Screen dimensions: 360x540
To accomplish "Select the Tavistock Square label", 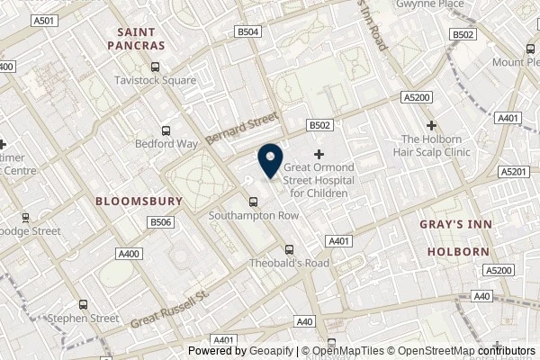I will coord(156,81).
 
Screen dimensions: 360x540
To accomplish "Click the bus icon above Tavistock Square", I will coord(156,66).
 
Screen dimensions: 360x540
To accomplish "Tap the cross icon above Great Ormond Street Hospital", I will coord(319,155).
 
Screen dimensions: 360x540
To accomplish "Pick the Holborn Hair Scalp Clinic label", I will coord(436,145).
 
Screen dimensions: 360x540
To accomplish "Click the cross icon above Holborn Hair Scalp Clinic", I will coord(432,125).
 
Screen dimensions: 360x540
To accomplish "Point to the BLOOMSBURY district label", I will coord(139,201).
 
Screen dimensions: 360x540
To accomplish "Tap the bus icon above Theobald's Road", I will coord(288,249).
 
